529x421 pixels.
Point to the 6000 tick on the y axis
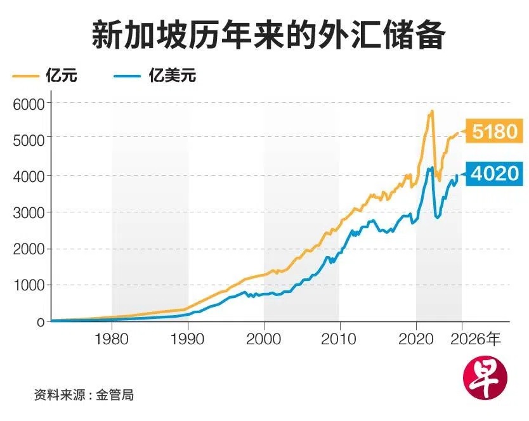click(x=28, y=102)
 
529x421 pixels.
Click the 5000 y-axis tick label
click(x=28, y=138)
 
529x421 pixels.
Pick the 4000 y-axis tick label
click(x=28, y=175)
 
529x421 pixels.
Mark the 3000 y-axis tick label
click(x=28, y=212)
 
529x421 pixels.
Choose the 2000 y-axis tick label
click(x=28, y=249)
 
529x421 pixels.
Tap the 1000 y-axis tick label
click(x=28, y=285)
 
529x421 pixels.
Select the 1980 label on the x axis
click(x=112, y=339)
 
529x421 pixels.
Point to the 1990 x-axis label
click(x=188, y=339)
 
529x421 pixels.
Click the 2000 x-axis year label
click(x=264, y=339)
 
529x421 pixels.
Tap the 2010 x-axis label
click(x=339, y=339)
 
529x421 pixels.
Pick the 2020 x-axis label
click(x=415, y=339)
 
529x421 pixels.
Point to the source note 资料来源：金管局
click(x=84, y=395)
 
